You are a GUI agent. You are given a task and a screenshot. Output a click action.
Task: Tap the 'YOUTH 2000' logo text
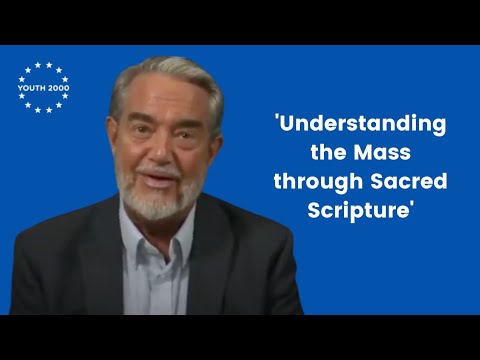[x=43, y=88]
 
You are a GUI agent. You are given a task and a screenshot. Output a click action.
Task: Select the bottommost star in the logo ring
[x=43, y=111]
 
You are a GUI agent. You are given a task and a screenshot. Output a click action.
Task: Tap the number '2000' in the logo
[x=58, y=88]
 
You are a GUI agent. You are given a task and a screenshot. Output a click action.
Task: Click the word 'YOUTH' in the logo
[x=31, y=88]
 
